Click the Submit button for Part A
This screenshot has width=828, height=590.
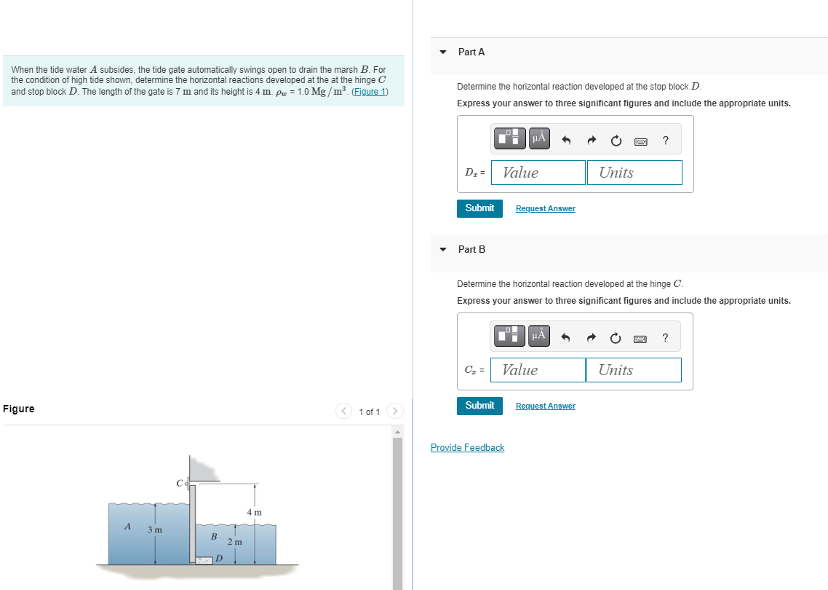pyautogui.click(x=479, y=208)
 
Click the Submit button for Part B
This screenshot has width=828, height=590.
pyautogui.click(x=479, y=406)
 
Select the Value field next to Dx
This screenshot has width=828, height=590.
pyautogui.click(x=538, y=173)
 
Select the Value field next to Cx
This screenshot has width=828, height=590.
pyautogui.click(x=538, y=370)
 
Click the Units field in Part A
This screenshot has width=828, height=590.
pyautogui.click(x=634, y=173)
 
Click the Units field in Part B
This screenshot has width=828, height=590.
pyautogui.click(x=634, y=370)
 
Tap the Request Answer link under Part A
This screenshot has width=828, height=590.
pyautogui.click(x=545, y=209)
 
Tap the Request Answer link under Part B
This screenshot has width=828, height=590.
pyautogui.click(x=545, y=406)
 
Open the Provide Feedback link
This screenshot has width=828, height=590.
pyautogui.click(x=467, y=448)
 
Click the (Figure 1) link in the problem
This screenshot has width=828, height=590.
pyautogui.click(x=370, y=92)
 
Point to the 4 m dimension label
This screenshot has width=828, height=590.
pyautogui.click(x=254, y=513)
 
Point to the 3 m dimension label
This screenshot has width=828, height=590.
pyautogui.click(x=155, y=530)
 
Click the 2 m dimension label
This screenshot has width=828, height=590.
pyautogui.click(x=234, y=543)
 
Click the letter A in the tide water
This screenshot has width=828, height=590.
pyautogui.click(x=127, y=526)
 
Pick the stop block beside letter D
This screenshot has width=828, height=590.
pyautogui.click(x=203, y=560)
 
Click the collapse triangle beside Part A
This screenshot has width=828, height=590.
pyautogui.click(x=443, y=52)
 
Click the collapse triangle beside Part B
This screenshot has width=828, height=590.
pyautogui.click(x=443, y=250)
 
